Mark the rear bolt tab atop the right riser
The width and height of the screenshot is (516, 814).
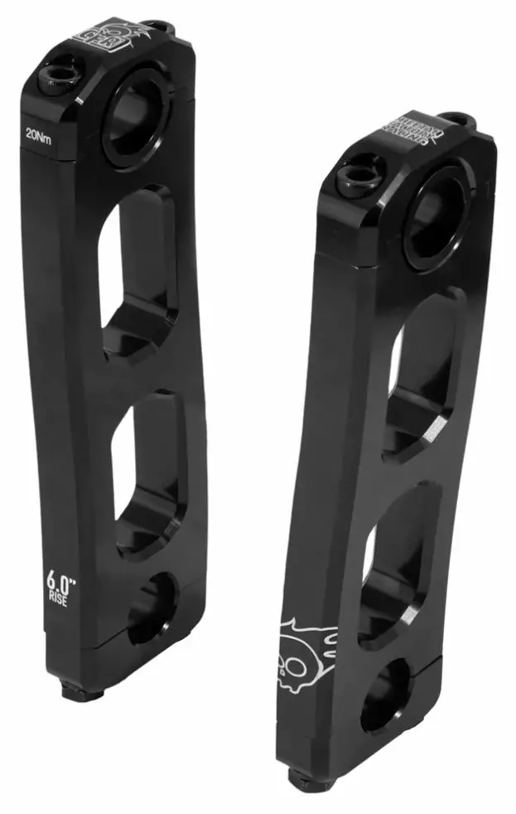[x=457, y=119]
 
